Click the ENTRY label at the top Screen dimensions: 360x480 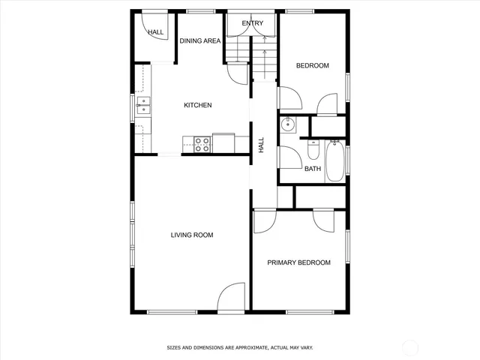tap(253, 24)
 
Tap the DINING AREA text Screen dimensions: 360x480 tap(199, 40)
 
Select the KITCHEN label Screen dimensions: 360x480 tap(198, 105)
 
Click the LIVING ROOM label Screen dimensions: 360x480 tap(192, 235)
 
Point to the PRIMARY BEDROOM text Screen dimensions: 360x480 tap(299, 262)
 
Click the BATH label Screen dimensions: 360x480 tap(313, 169)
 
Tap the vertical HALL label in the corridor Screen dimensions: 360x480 tap(262, 145)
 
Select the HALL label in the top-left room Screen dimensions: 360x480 tap(156, 32)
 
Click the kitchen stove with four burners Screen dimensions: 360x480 tap(202, 144)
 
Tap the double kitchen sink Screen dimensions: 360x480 tap(142, 106)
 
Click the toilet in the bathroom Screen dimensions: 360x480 tap(314, 151)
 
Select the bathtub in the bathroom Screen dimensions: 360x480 tap(335, 160)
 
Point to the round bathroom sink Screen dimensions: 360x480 tap(286, 124)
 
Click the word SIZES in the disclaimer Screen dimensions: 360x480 tap(175, 348)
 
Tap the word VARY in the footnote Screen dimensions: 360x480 tap(306, 348)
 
